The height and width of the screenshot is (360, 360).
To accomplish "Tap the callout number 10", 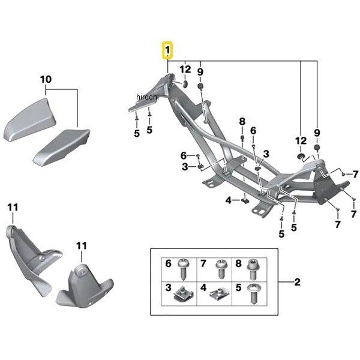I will (46, 79).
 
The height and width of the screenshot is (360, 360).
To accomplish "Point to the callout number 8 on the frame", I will (242, 121).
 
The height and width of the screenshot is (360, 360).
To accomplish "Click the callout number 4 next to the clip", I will (228, 200).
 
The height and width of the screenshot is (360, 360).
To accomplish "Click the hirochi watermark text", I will (147, 97).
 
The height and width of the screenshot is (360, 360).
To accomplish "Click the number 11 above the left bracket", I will (13, 208).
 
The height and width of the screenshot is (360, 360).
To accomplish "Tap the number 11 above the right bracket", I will (81, 246).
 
